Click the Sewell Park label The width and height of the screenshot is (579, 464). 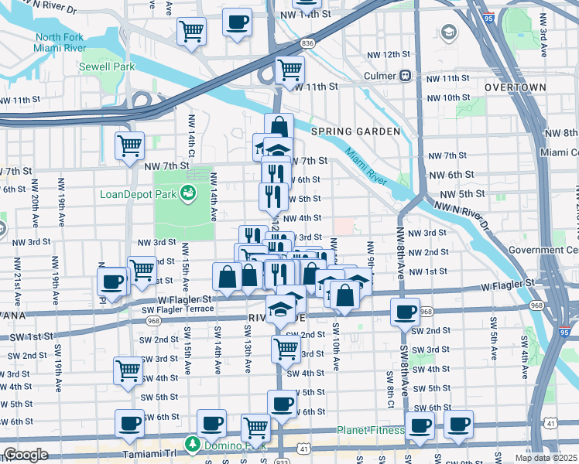tap(107, 67)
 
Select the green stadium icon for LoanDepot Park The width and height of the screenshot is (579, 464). tap(187, 193)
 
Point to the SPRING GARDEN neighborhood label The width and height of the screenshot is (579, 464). tap(355, 131)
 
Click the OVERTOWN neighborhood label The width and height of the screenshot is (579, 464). tap(515, 87)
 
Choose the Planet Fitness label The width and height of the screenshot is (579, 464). tap(370, 431)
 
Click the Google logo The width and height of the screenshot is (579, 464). tap(26, 455)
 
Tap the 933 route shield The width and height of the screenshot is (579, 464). tap(281, 460)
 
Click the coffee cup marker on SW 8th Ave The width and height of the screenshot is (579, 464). tap(404, 312)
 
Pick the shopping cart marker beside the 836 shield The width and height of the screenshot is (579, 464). tap(289, 70)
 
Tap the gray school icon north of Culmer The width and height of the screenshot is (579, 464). tap(448, 32)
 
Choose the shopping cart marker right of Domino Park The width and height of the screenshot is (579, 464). tap(255, 427)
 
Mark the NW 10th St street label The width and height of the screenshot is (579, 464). tap(446, 97)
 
